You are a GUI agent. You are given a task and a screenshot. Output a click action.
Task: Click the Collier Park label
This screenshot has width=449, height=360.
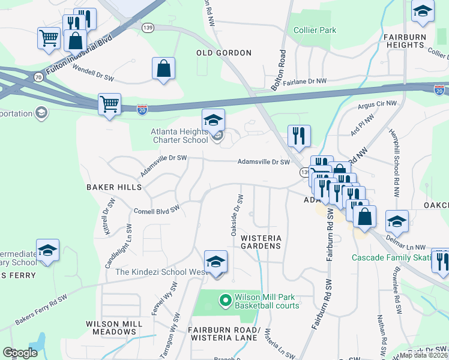315,30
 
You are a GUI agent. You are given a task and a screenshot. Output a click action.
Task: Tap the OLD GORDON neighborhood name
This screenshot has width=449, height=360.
224,53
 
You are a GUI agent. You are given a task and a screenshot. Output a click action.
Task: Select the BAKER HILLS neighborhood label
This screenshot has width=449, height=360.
114,187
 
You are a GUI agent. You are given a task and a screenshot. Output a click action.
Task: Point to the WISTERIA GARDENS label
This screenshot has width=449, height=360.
261,242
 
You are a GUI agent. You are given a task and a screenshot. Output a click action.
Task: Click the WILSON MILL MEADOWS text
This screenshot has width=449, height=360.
115,328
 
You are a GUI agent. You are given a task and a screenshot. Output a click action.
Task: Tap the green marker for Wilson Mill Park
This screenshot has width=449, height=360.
226,299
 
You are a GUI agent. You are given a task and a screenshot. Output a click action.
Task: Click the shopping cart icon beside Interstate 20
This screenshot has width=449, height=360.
109,104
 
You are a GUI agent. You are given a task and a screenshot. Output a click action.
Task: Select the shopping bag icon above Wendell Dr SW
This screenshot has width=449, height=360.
163,68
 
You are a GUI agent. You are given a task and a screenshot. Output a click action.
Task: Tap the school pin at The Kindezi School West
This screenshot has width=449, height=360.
216,262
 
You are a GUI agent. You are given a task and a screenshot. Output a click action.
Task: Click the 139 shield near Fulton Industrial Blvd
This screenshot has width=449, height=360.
148,28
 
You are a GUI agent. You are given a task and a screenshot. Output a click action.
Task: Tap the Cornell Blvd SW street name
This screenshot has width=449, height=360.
157,211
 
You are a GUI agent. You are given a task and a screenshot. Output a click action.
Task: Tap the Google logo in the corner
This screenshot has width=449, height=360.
20,353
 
